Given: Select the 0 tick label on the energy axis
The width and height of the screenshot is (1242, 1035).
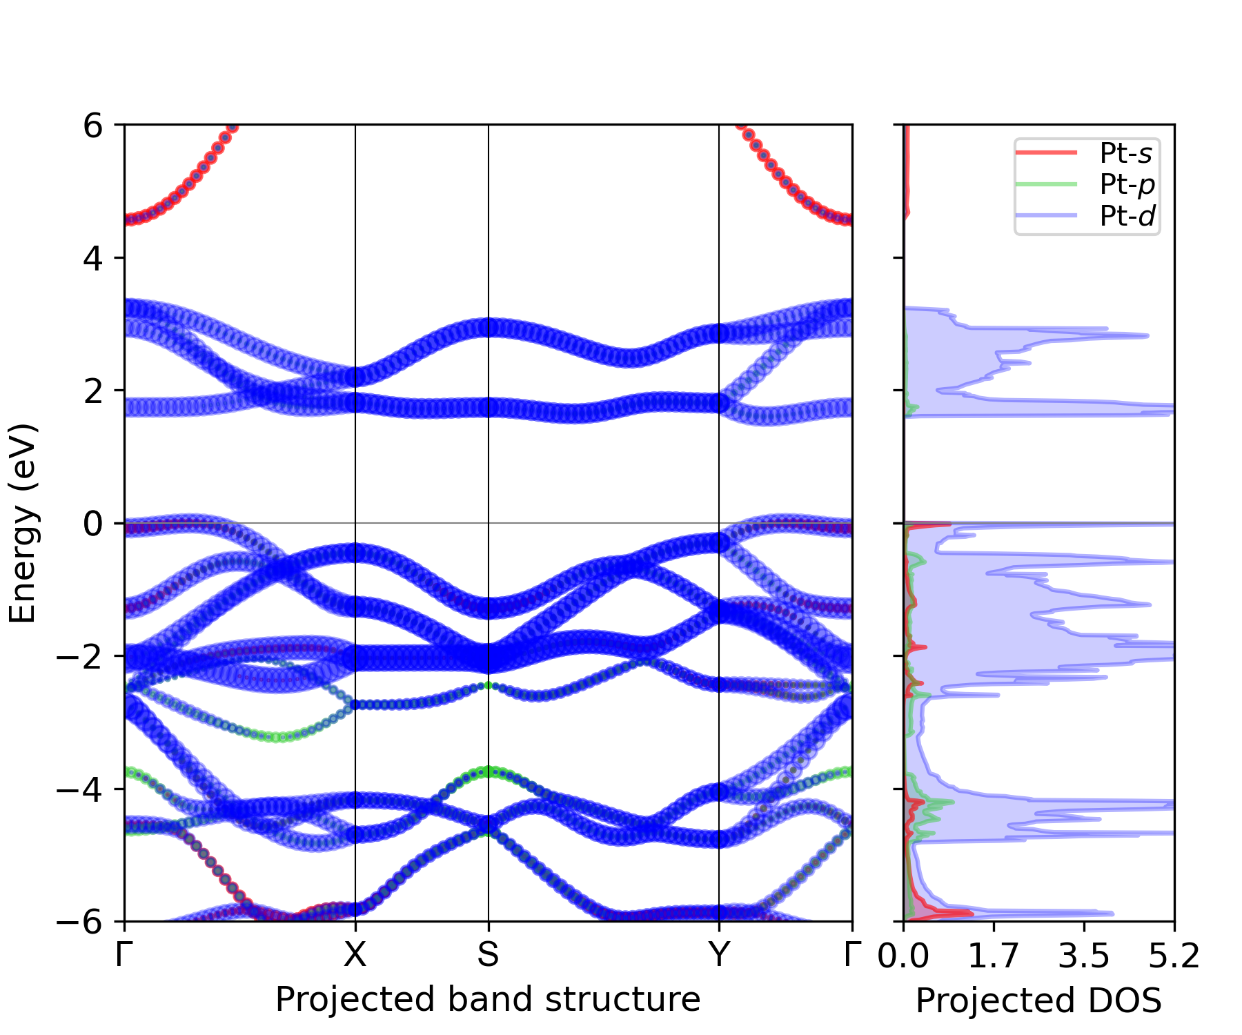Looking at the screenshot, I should pyautogui.click(x=93, y=524).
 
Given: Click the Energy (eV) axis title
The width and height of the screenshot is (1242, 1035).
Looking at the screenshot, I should pyautogui.click(x=22, y=524).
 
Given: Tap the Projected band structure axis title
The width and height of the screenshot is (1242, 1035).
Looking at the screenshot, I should pyautogui.click(x=488, y=999).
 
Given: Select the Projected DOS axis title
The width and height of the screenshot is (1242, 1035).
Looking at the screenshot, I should pyautogui.click(x=1038, y=1000).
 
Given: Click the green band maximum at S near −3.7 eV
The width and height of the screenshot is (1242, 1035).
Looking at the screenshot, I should pyautogui.click(x=489, y=771).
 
